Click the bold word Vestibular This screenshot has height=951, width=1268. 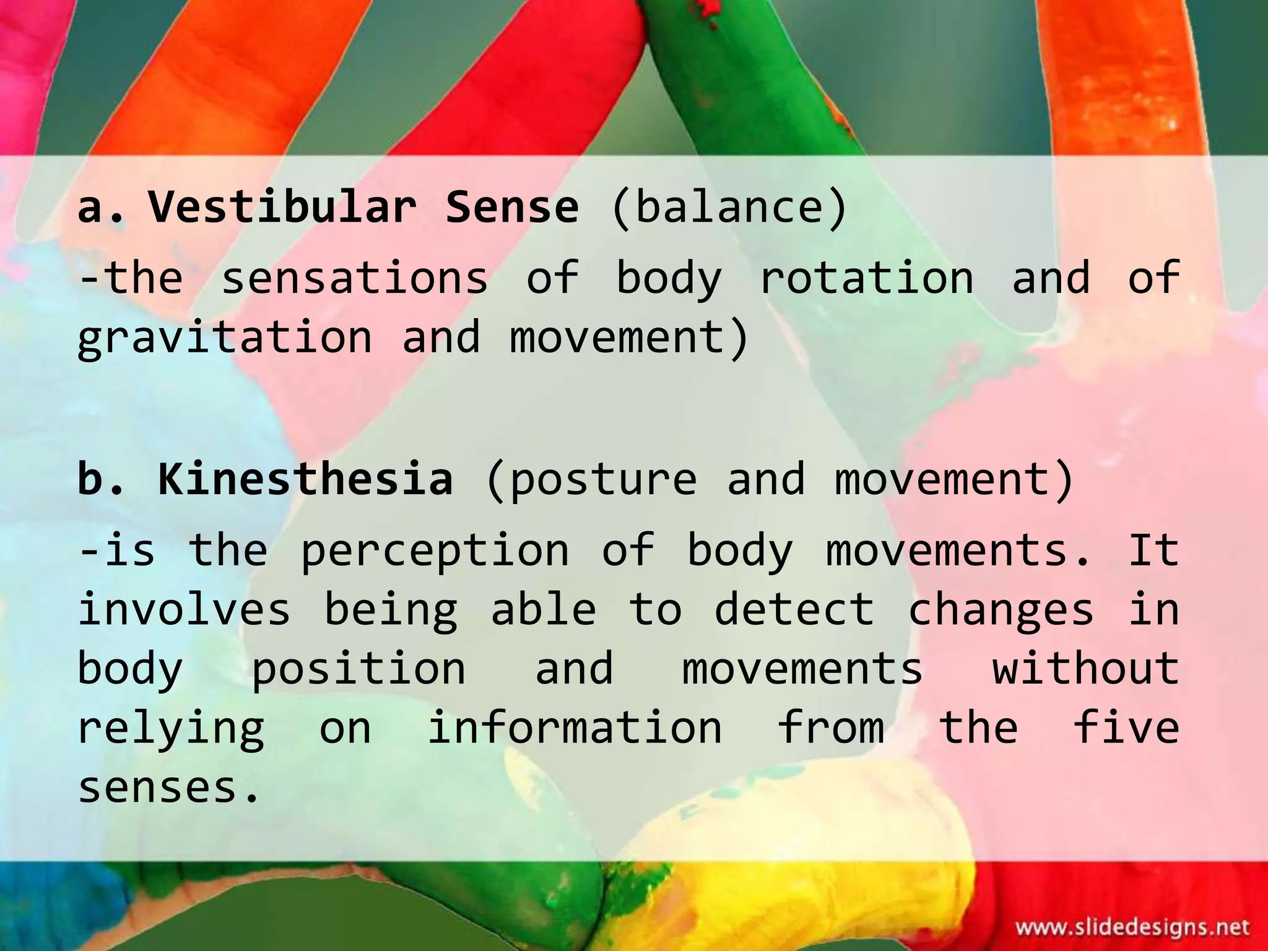tap(282, 207)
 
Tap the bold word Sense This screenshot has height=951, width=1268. tap(512, 207)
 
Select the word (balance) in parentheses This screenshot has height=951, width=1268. tap(728, 207)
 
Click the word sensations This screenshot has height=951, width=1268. tap(354, 278)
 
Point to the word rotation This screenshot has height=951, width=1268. tap(866, 278)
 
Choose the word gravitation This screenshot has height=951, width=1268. tap(225, 338)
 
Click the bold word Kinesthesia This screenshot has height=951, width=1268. tap(305, 479)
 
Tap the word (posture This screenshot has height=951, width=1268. tap(592, 479)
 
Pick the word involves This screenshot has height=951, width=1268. tap(184, 609)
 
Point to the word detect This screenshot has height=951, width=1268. tap(794, 609)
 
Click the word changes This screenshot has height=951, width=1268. tap(1001, 609)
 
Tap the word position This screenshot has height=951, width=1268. tap(358, 669)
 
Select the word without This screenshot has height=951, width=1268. tap(1086, 669)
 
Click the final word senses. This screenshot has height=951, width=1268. tap(168, 788)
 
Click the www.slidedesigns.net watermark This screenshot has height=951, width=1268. tap(1132, 927)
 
